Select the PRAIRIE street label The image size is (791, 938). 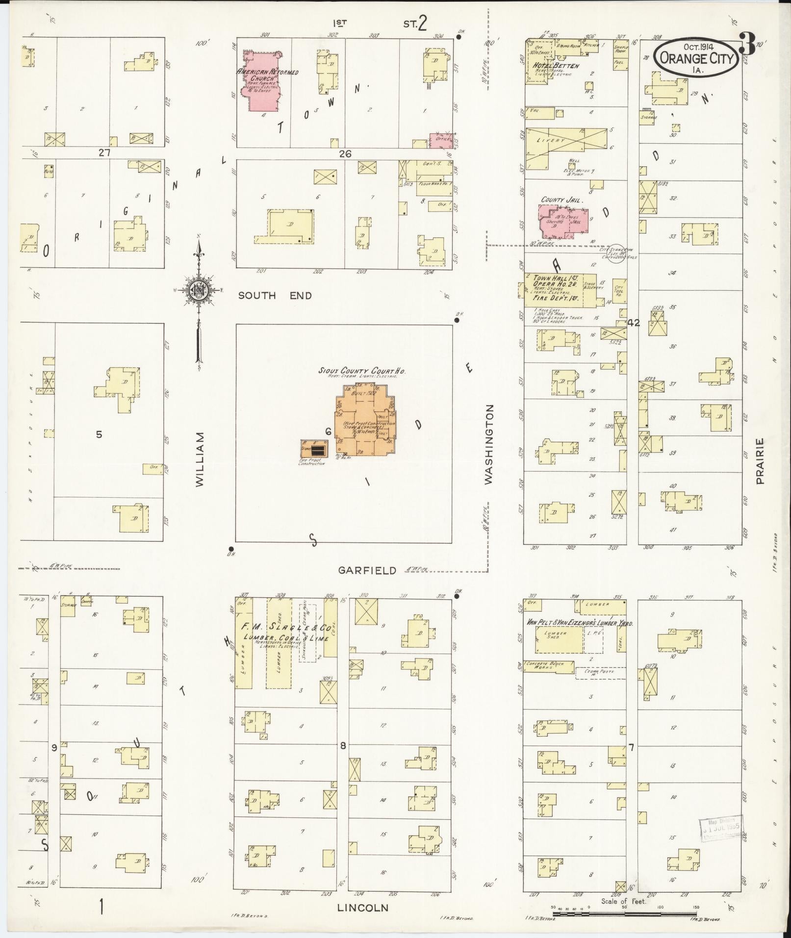pos(760,461)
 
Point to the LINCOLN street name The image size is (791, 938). pos(363,908)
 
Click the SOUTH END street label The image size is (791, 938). pos(275,295)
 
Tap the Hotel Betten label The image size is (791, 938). pos(559,66)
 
